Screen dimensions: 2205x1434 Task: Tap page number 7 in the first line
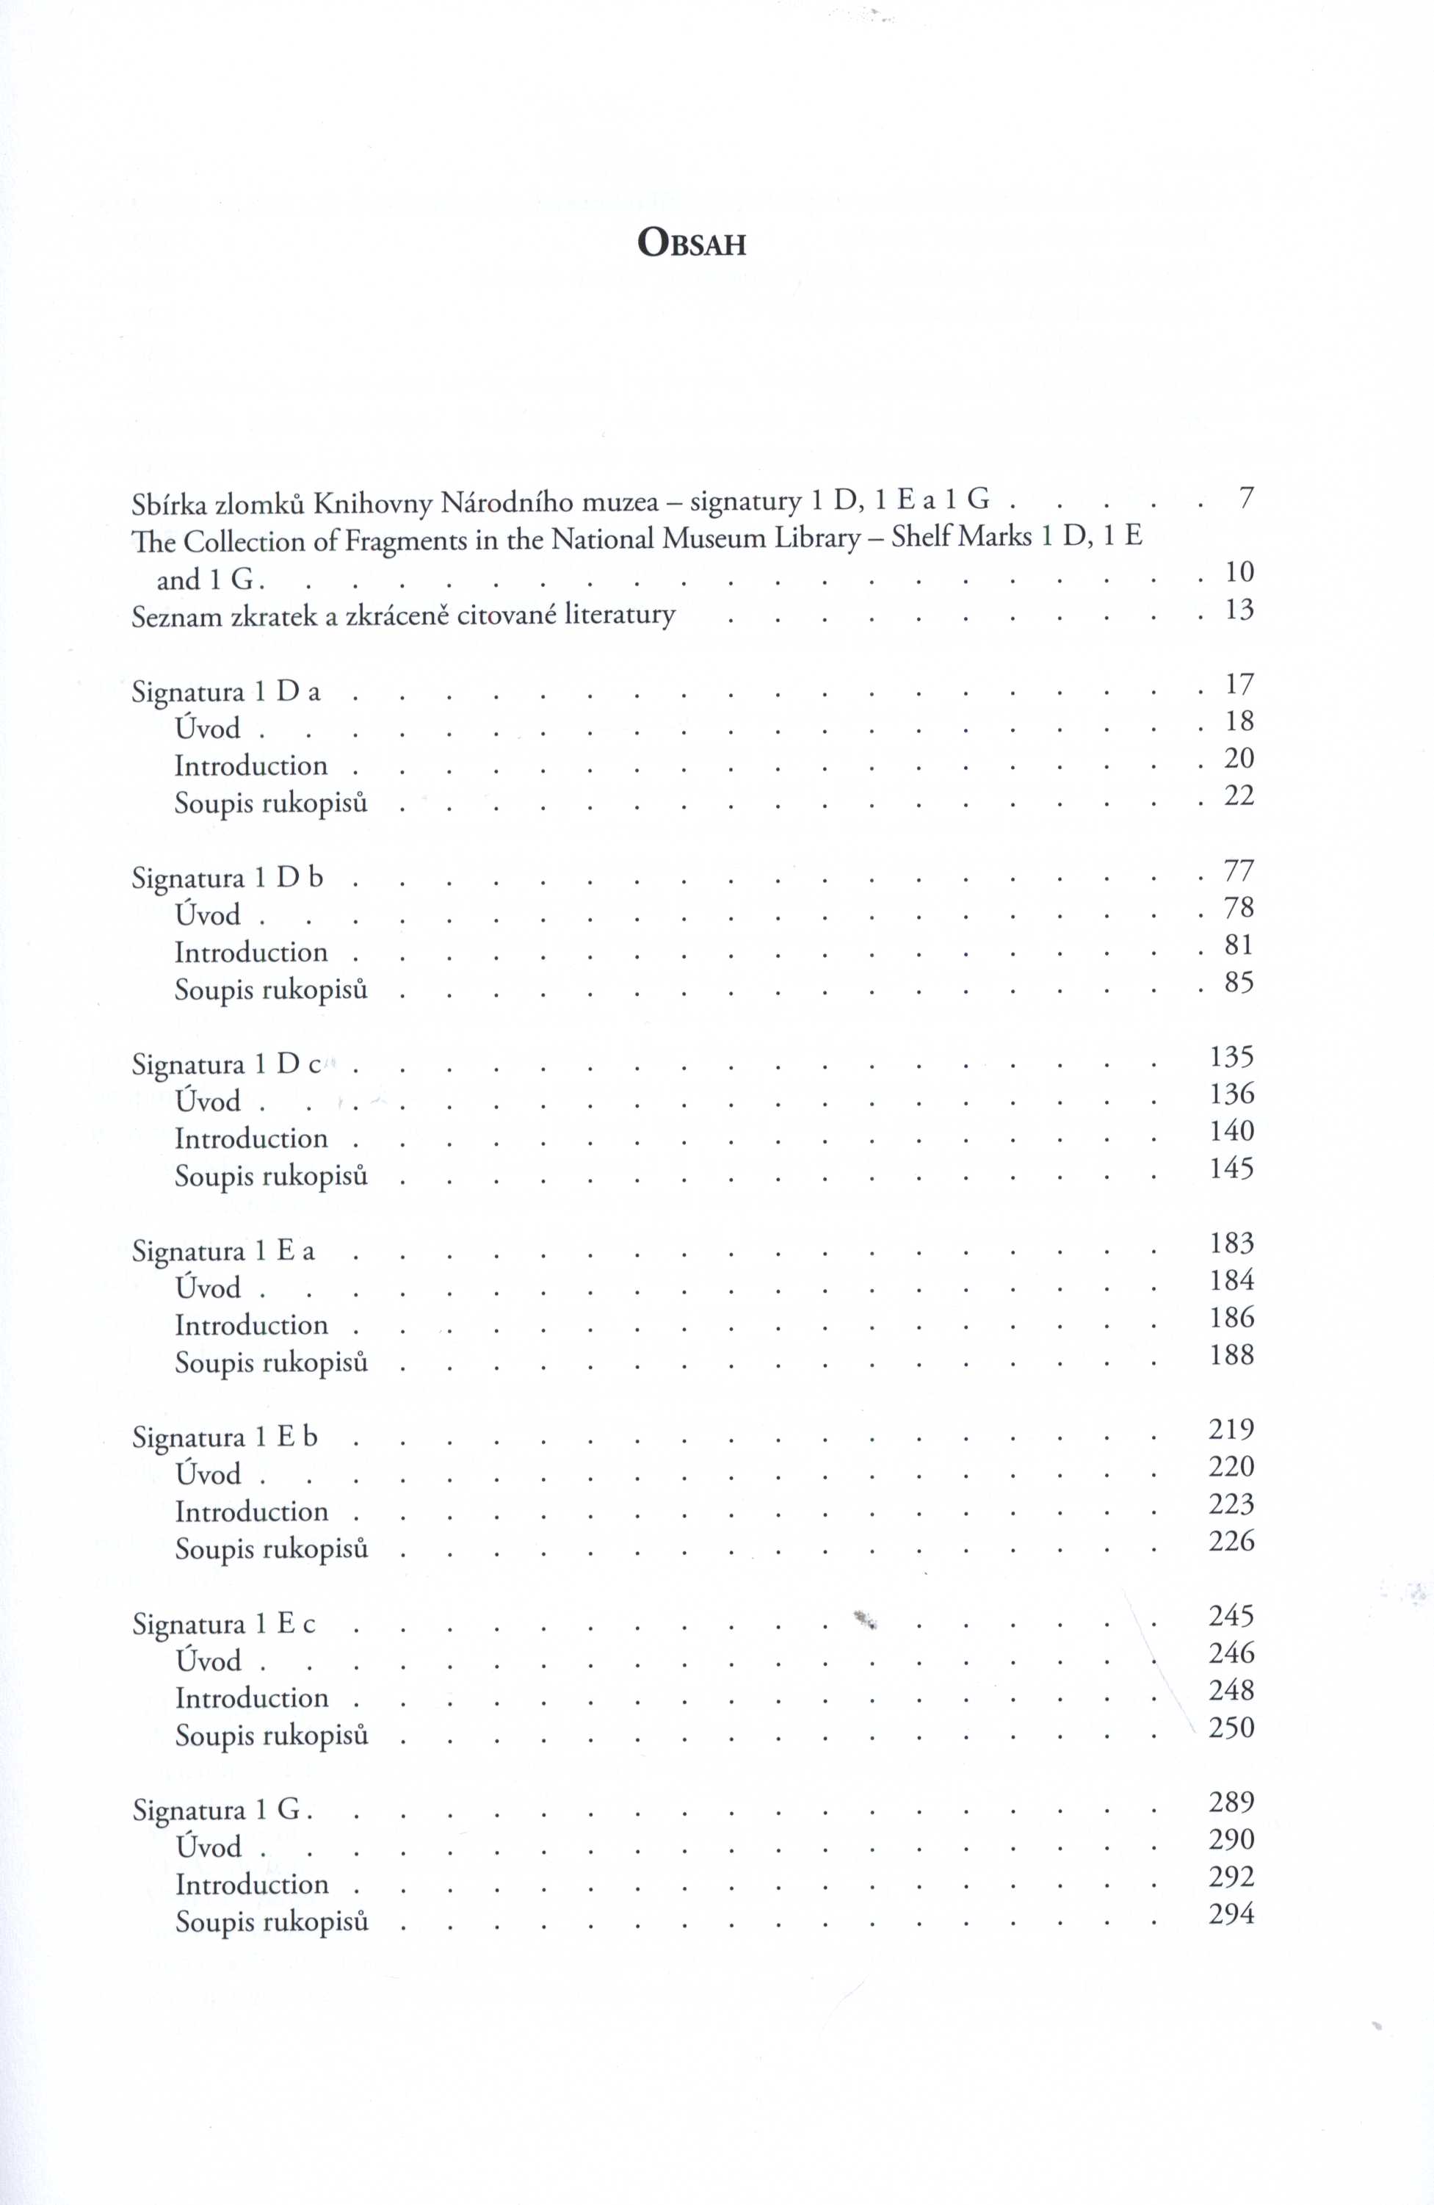[x=1246, y=499]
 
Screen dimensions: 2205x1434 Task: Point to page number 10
[x=1239, y=571]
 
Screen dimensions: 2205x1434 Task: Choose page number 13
[x=1239, y=610]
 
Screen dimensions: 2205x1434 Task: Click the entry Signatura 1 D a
[x=226, y=692]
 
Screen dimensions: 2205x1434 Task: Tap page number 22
[x=1239, y=795]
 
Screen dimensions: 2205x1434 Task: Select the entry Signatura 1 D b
[x=227, y=877]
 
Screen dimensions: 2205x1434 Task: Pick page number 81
[x=1239, y=944]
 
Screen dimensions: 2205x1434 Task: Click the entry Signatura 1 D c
[x=226, y=1064]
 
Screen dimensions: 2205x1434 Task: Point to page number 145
[x=1231, y=1167]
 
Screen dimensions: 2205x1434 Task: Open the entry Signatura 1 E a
[x=223, y=1251]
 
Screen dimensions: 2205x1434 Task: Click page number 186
[x=1231, y=1316]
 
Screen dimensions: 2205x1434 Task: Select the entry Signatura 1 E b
[x=224, y=1437]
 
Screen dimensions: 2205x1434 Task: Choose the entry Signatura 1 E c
[x=223, y=1624]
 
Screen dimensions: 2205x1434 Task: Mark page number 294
[x=1231, y=1913]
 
